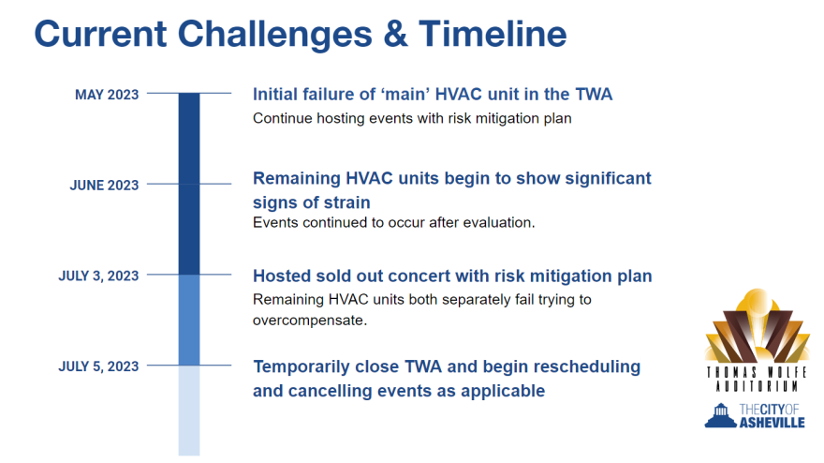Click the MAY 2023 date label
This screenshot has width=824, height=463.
[107, 95]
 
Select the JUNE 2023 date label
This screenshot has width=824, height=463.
[104, 186]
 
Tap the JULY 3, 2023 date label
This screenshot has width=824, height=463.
[98, 276]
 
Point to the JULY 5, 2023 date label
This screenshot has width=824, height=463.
[98, 366]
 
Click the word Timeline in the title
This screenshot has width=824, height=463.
[493, 34]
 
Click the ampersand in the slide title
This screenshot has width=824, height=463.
[395, 34]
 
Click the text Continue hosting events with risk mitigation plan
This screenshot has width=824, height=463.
[412, 118]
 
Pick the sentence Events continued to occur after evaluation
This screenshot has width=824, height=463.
[393, 222]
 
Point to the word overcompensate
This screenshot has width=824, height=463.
[308, 321]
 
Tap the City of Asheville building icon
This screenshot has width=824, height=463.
[720, 415]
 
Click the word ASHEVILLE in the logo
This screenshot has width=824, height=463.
[772, 423]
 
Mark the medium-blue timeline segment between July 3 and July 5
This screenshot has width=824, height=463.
[189, 320]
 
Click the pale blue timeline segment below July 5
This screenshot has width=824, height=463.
[189, 411]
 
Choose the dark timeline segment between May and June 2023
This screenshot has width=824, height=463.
[189, 139]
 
